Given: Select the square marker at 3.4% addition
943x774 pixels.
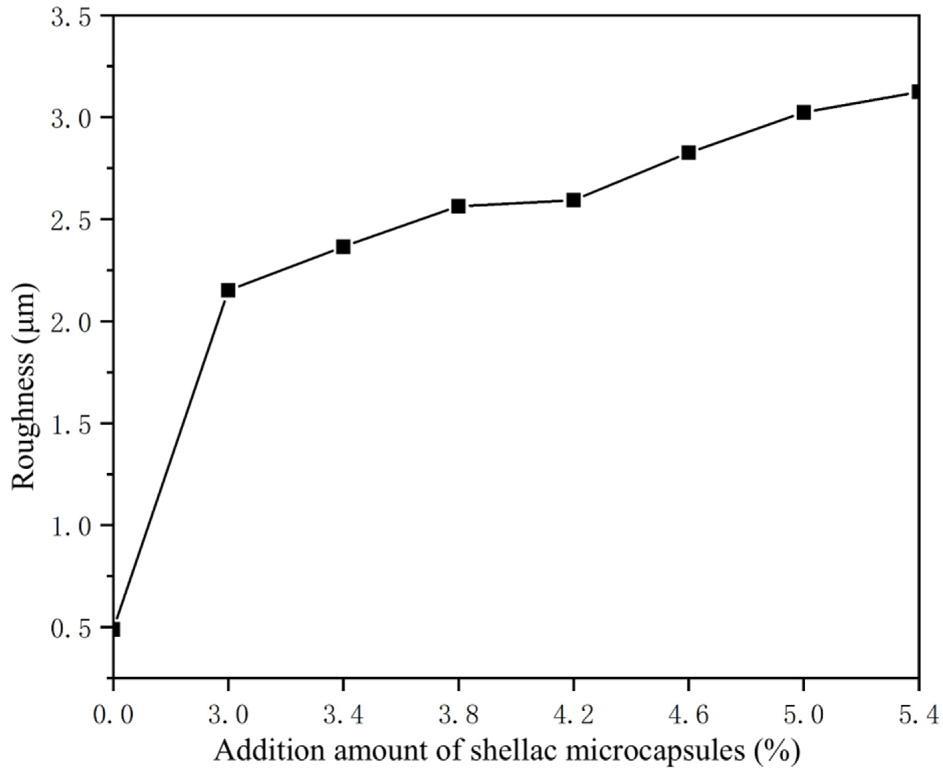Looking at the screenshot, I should [x=343, y=247].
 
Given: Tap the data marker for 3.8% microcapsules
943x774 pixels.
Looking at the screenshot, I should [x=458, y=206].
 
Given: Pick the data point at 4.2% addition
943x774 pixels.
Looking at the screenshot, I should [x=573, y=200].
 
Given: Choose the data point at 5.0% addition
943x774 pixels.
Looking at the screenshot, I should [x=803, y=112].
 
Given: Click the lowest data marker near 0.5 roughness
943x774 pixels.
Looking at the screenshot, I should [x=115, y=630].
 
